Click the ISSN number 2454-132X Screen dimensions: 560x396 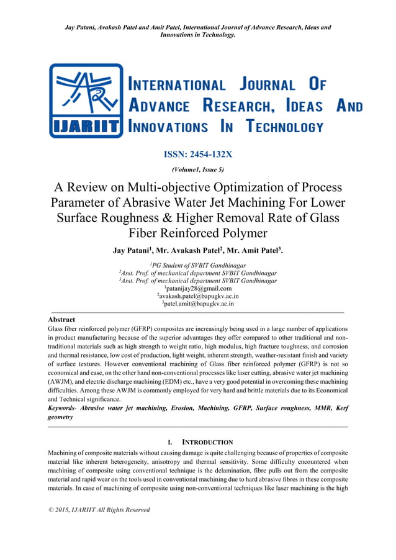pos(198,154)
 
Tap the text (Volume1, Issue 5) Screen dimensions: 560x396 pos(198,169)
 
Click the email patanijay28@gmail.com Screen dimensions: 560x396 pos(198,288)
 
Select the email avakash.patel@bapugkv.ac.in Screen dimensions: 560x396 pos(198,296)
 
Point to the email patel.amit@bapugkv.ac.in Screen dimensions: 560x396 pos(198,304)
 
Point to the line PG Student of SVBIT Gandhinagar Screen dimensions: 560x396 pos(198,265)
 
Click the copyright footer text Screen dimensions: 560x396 pos(98,510)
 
